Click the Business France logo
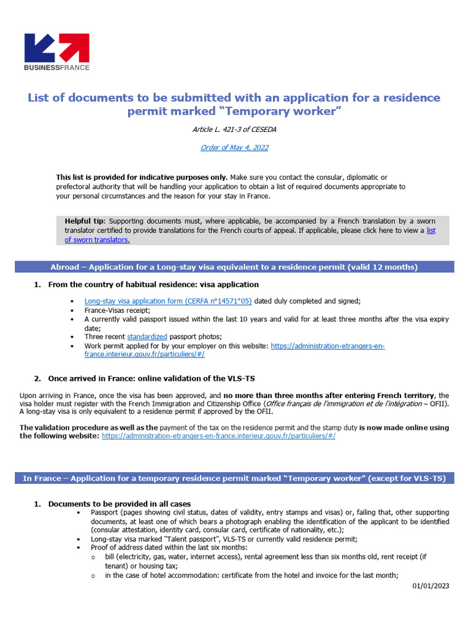(x=56, y=52)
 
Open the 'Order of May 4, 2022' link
(x=234, y=147)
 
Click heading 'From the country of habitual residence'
(x=153, y=285)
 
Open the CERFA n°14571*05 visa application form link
(x=167, y=301)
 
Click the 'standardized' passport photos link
(x=147, y=337)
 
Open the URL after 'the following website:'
(x=218, y=436)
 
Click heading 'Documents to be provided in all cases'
(x=120, y=504)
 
